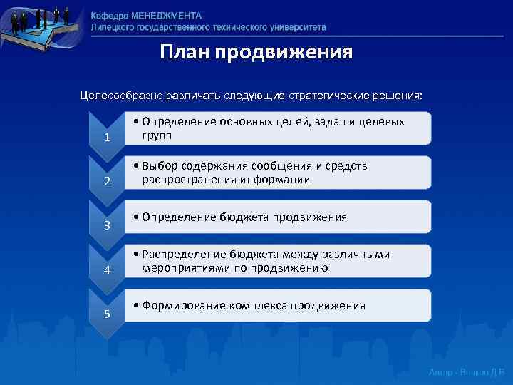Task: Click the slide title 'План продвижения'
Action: tap(256, 52)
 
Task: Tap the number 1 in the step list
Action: tap(106, 137)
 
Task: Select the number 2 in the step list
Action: tap(106, 182)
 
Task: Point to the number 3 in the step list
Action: tap(106, 226)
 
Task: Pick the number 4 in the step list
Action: tap(106, 270)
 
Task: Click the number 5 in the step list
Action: tap(106, 314)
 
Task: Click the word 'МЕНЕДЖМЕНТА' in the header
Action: tap(167, 16)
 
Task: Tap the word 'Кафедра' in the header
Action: tap(110, 16)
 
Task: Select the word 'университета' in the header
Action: tap(293, 27)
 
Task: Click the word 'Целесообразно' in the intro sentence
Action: tap(120, 95)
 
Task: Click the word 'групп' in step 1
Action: tap(156, 135)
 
